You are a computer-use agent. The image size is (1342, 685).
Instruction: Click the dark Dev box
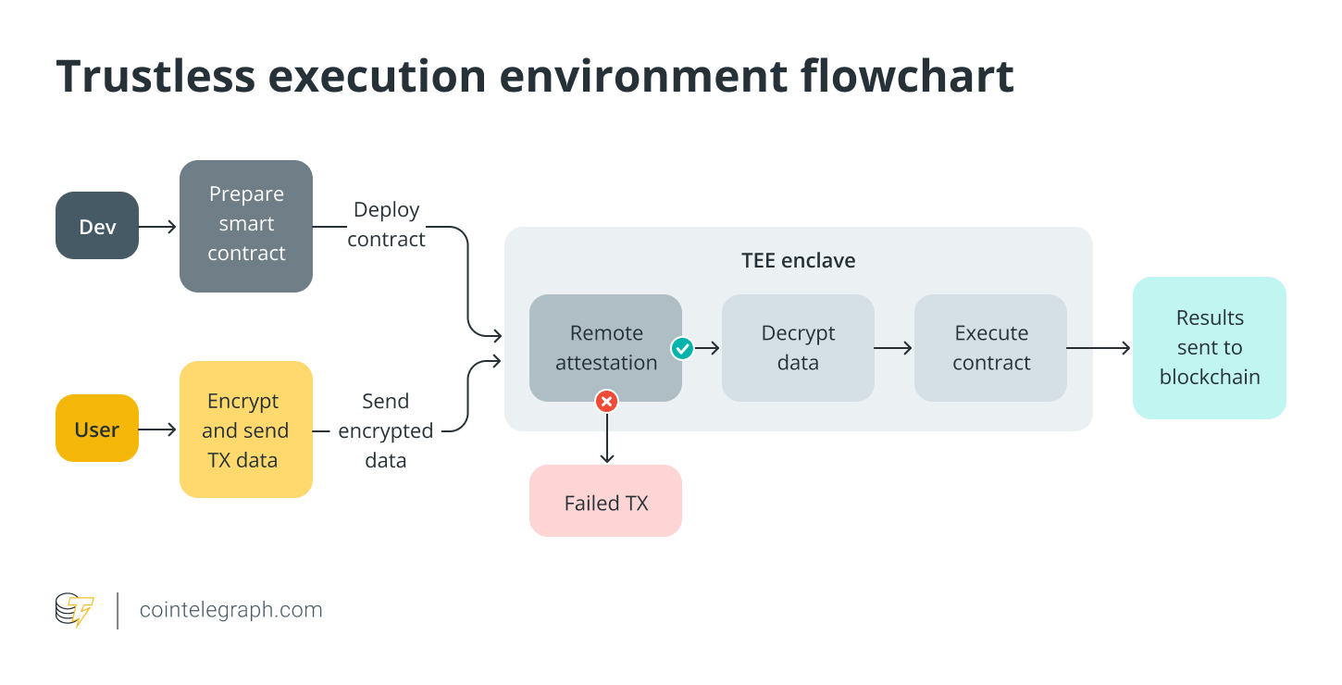[97, 226]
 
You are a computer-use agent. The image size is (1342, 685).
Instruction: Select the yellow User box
[97, 429]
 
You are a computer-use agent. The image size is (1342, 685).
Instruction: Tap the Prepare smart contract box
[246, 225]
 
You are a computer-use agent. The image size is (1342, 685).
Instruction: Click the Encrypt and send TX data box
[246, 430]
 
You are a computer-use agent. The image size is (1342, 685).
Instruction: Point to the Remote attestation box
[605, 348]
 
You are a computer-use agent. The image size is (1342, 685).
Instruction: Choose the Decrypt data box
[798, 348]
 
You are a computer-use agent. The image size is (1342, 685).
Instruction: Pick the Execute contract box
[990, 348]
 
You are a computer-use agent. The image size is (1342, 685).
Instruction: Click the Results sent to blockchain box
[1209, 348]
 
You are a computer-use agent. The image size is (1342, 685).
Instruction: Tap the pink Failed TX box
[605, 503]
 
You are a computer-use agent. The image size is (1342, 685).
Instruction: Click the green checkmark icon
[682, 348]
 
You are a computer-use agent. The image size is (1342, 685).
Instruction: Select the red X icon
[606, 401]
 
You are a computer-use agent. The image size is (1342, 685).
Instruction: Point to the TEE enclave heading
[798, 261]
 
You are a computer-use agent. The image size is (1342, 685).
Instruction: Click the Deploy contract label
[387, 225]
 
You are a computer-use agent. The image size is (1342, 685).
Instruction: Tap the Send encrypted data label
[385, 430]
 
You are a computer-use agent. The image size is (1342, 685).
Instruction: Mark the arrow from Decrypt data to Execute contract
[893, 348]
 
